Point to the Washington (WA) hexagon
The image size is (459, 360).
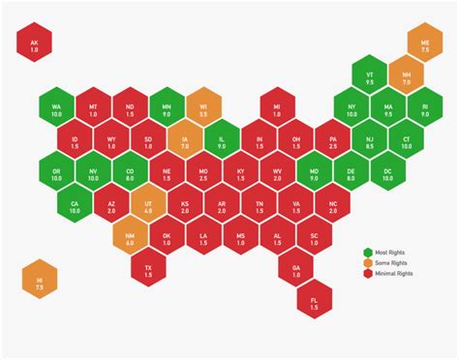pos(57,108)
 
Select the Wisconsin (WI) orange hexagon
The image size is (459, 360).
pos(203,108)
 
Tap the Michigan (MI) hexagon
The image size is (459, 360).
pos(277,108)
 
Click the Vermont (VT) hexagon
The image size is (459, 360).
pos(370,76)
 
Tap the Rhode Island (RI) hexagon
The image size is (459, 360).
pos(424,108)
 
